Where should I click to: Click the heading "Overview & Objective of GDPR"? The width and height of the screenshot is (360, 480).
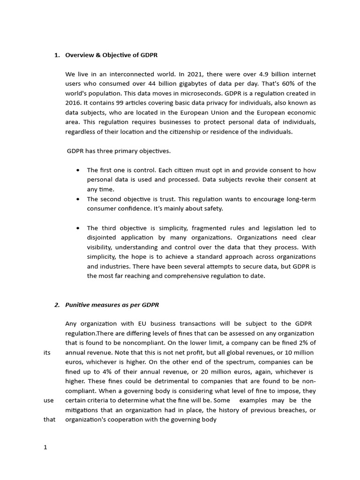point(111,55)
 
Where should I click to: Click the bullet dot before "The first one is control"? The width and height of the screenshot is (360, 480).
point(77,170)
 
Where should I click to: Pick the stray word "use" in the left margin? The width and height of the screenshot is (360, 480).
point(48,400)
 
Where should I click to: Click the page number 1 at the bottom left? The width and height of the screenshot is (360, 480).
point(45,447)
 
